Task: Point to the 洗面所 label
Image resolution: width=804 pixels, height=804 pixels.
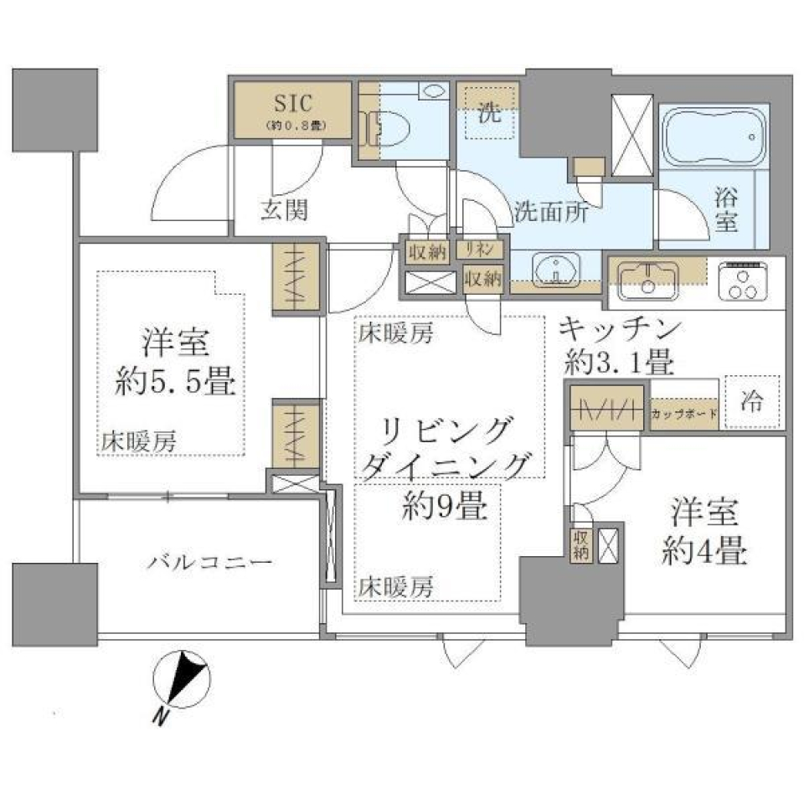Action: pos(549,211)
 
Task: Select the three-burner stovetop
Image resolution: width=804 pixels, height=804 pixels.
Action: pos(745,279)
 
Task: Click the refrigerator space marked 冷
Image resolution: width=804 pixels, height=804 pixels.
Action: pos(751,402)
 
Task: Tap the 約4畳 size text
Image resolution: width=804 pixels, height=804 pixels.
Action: pos(704,552)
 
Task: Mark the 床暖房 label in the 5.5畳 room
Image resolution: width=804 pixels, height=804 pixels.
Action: pos(139,442)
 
